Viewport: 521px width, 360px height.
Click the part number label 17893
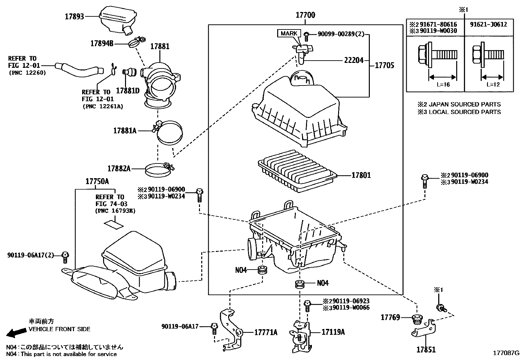[75, 17]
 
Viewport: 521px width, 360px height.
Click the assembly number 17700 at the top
[305, 15]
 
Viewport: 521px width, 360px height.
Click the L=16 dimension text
[443, 85]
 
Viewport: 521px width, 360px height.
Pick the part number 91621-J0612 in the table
[489, 24]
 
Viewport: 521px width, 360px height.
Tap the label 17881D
[128, 91]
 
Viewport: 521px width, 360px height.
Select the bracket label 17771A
[266, 332]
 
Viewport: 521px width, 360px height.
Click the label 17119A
[333, 332]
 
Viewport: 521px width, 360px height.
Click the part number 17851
[426, 350]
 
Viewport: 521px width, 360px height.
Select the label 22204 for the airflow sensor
[354, 60]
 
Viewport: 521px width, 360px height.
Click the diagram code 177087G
[506, 353]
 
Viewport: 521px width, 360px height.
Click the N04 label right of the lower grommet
[323, 283]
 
